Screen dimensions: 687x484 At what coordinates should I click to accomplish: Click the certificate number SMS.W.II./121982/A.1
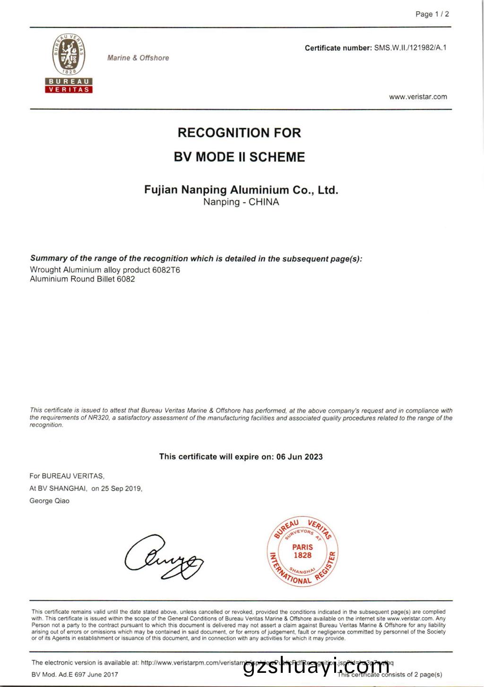410,48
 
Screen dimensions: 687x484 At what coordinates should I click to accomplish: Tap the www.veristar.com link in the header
418,97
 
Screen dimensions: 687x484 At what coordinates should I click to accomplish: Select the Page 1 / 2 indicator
432,14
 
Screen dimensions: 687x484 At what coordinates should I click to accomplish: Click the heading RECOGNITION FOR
239,133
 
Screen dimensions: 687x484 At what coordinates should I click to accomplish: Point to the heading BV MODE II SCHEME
239,157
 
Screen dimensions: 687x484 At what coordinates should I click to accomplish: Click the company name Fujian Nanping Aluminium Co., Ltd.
241,190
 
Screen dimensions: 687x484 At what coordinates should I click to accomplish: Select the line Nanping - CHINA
241,202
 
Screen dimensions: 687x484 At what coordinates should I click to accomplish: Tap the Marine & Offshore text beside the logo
138,58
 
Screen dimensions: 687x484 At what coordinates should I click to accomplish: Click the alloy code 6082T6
166,270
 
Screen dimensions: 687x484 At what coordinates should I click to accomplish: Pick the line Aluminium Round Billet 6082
82,279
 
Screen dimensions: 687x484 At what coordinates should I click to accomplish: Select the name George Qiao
49,500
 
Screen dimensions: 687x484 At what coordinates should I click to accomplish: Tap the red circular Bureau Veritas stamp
302,551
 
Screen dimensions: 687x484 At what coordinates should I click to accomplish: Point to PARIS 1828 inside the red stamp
302,551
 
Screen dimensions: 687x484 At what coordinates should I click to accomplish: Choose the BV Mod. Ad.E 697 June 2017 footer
75,674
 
